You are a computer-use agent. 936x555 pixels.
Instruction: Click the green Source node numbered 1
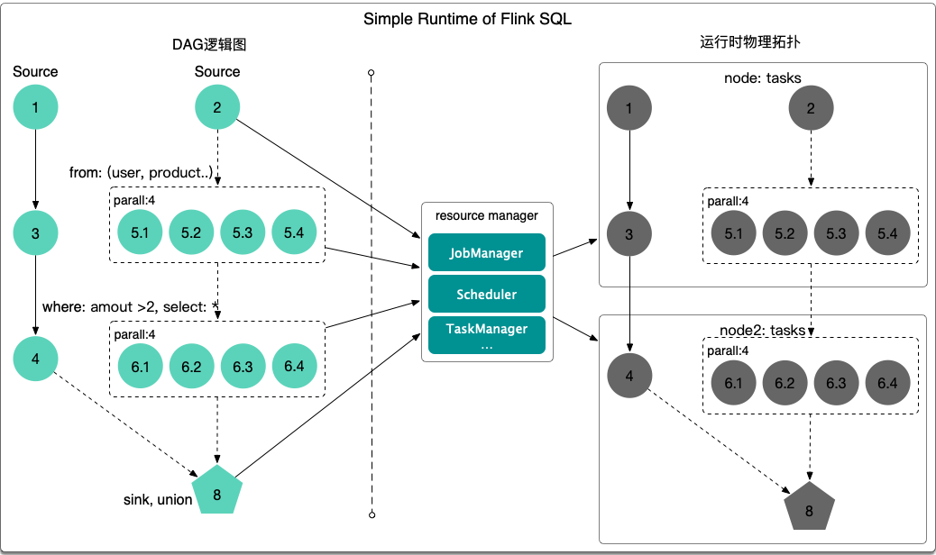tap(35, 108)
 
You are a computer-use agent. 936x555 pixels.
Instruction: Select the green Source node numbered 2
tap(217, 108)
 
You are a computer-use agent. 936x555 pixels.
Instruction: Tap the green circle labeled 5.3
tap(242, 232)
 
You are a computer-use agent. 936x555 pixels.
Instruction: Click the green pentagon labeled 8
tap(216, 491)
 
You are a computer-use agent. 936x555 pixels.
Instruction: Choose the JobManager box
tap(487, 253)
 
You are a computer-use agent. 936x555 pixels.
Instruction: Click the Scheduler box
tap(487, 295)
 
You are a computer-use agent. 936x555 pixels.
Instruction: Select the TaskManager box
tap(487, 334)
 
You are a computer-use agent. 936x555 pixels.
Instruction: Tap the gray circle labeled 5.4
tap(888, 233)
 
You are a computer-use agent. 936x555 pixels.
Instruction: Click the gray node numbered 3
tap(629, 234)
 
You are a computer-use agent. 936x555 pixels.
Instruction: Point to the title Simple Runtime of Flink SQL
tap(467, 20)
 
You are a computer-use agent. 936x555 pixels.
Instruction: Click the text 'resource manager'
tap(487, 215)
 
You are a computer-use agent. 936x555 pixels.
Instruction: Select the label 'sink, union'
tap(158, 499)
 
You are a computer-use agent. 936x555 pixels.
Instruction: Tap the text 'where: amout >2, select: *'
tap(132, 307)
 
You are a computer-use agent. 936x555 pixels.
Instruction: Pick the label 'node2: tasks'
tap(763, 328)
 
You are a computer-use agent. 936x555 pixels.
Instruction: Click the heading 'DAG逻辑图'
tap(209, 44)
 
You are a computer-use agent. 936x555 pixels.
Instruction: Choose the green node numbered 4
tap(35, 359)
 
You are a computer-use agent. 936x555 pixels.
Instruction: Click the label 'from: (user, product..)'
tap(142, 172)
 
